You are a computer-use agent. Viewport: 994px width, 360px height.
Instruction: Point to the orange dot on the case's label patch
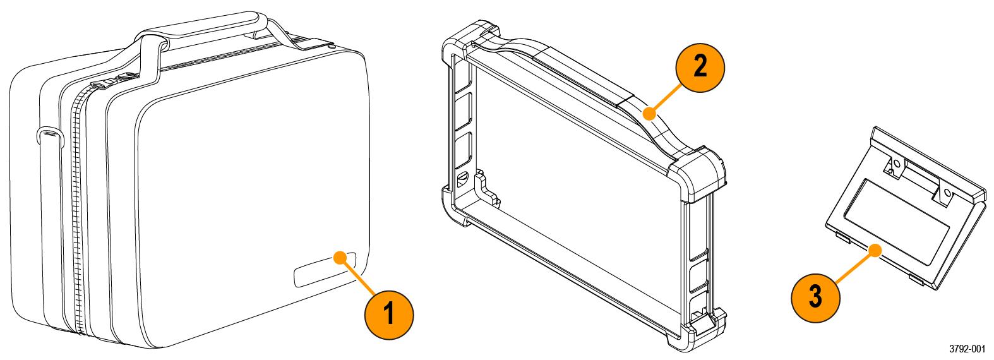click(x=340, y=256)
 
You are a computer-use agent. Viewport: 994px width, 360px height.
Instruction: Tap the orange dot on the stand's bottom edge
click(x=875, y=251)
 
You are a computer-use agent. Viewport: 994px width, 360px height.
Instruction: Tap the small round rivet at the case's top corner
click(x=332, y=46)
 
